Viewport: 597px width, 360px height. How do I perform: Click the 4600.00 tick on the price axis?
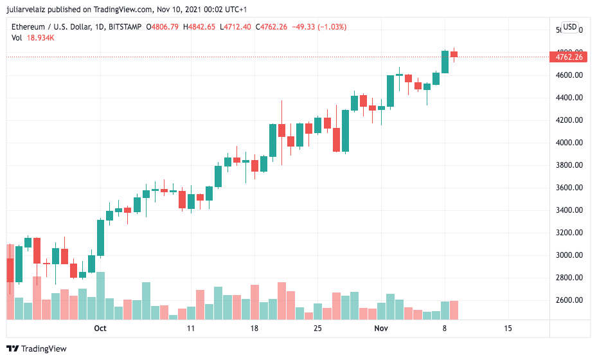tap(570, 75)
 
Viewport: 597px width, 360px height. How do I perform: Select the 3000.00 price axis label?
tap(570, 255)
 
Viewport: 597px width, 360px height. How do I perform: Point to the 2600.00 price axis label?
tap(570, 300)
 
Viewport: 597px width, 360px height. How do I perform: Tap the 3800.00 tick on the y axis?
tap(570, 165)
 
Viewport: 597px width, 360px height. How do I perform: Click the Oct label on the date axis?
tap(100, 328)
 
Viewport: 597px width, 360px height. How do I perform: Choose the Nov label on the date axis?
tap(381, 328)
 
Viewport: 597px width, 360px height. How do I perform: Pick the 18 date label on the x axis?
tap(254, 328)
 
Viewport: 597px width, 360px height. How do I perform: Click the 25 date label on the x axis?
tap(317, 328)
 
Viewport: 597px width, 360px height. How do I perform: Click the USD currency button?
tap(569, 27)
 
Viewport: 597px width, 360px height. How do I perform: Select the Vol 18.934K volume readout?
tap(33, 38)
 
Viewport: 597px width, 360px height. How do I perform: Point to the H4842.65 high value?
tap(199, 27)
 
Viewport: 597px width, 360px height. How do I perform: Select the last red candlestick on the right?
tap(454, 54)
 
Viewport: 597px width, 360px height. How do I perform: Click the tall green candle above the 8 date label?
tap(445, 62)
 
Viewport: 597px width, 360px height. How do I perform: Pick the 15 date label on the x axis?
tap(508, 328)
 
